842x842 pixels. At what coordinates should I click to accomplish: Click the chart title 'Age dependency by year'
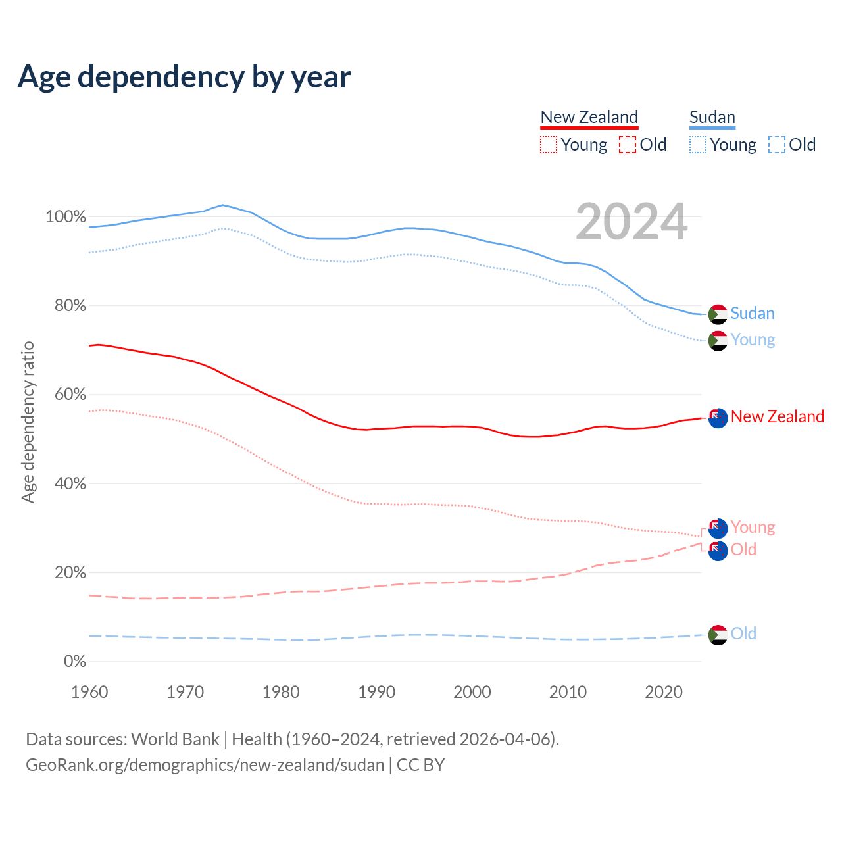(184, 77)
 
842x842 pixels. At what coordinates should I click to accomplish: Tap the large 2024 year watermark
(631, 222)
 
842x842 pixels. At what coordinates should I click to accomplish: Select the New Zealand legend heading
(589, 117)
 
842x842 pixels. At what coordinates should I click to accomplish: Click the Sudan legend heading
(712, 117)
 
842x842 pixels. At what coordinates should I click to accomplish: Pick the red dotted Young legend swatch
(548, 145)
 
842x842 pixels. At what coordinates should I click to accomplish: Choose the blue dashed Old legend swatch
(776, 145)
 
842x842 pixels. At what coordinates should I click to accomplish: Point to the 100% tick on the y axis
(66, 216)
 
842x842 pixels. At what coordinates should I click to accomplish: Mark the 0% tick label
(74, 661)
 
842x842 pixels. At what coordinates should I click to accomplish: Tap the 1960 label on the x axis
(89, 692)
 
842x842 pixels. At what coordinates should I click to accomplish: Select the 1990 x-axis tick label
(376, 692)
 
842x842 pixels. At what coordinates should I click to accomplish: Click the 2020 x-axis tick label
(664, 692)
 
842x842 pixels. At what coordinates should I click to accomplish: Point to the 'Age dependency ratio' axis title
(28, 422)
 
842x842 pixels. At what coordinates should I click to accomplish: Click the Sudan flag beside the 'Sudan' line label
(718, 314)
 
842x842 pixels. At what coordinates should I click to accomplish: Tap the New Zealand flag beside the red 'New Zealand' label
(718, 418)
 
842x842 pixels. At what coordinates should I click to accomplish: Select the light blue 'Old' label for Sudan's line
(743, 633)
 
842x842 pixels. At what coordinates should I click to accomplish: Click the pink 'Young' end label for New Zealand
(753, 527)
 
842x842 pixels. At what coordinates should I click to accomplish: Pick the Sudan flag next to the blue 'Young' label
(718, 341)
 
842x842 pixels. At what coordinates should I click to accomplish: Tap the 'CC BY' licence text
(421, 765)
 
